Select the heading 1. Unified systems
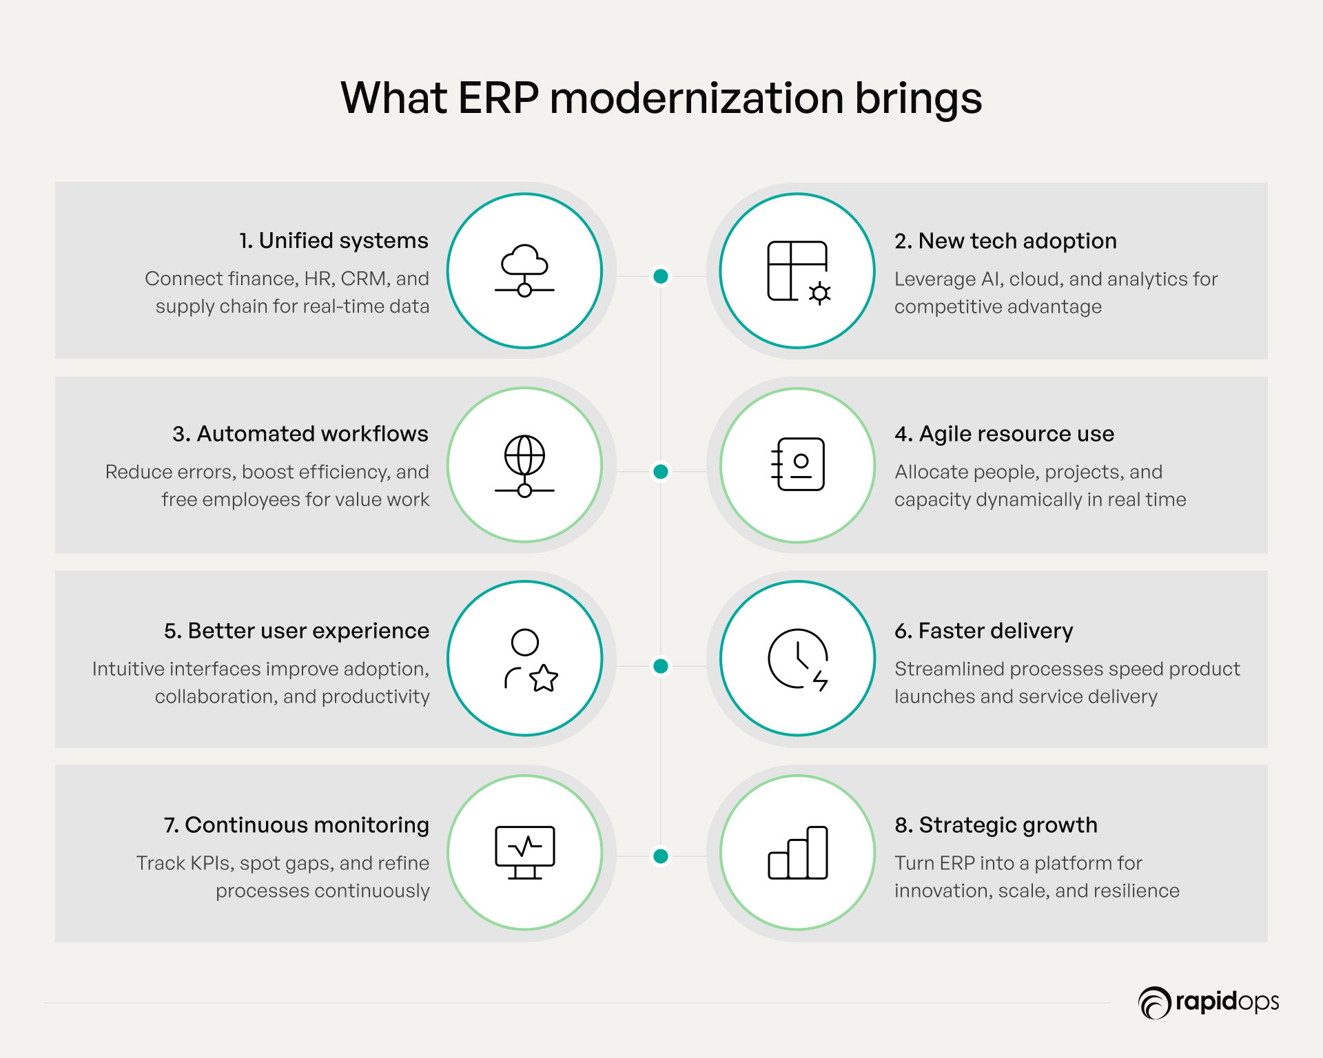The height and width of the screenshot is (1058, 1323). (334, 240)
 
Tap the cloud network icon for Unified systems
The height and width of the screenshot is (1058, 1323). (524, 271)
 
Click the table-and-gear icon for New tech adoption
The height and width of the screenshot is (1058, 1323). (799, 272)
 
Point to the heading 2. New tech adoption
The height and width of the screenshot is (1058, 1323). (1005, 241)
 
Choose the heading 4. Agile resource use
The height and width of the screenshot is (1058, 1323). (1004, 434)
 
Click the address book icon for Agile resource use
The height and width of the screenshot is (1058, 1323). (798, 464)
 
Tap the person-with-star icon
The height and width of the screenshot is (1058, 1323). (531, 660)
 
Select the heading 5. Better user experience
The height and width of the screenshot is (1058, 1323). (296, 631)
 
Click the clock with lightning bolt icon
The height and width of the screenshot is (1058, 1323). (798, 659)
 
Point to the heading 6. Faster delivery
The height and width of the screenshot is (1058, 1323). (983, 631)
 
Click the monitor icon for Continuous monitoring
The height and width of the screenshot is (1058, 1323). (524, 853)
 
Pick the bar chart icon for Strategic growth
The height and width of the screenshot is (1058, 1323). (798, 853)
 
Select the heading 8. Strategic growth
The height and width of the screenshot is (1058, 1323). (996, 825)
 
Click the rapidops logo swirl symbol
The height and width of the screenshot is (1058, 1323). (1154, 1002)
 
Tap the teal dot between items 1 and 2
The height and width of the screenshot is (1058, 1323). (661, 276)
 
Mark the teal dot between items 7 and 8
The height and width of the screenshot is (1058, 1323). (661, 856)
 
